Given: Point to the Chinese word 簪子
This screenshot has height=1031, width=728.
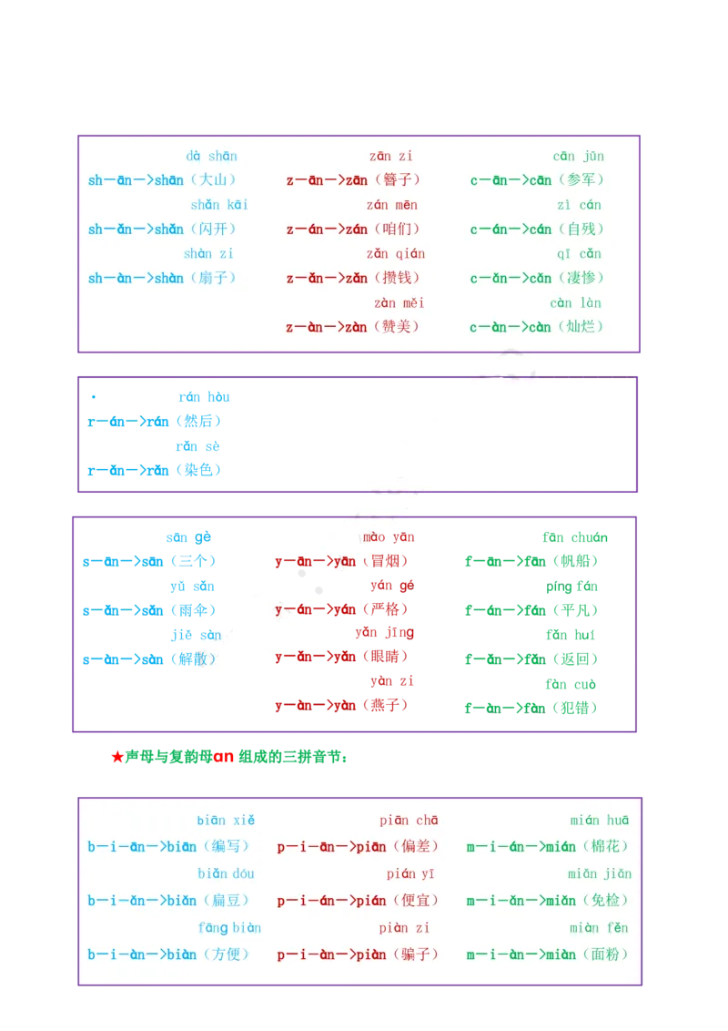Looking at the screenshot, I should tap(398, 180).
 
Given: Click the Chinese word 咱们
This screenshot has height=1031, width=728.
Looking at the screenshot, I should tap(397, 230).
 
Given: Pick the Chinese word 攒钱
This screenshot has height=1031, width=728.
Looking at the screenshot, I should tap(398, 278).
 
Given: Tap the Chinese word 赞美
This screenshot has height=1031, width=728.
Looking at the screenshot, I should tap(398, 327).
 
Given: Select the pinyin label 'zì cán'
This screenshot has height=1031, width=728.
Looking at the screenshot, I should tap(579, 205).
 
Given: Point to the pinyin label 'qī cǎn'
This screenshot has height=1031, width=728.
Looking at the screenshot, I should tap(579, 254).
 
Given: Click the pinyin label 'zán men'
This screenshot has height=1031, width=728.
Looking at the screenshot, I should tap(392, 205).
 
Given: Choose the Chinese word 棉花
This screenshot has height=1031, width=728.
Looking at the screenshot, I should tap(605, 846).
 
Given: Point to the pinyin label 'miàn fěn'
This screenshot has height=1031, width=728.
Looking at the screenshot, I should tap(598, 928).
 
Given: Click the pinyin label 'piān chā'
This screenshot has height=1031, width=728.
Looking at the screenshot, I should tap(409, 821).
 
